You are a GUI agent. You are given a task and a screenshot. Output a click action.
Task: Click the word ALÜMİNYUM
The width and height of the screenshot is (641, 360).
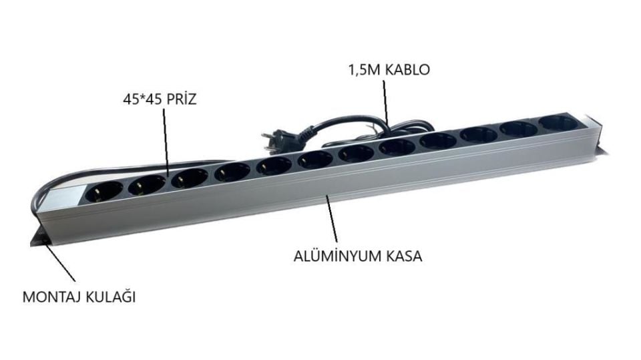click(333, 255)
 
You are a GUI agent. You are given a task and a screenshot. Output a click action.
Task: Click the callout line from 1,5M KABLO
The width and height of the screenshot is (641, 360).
click(385, 100)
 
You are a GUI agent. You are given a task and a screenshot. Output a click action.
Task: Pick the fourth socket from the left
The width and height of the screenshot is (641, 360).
click(232, 170)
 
